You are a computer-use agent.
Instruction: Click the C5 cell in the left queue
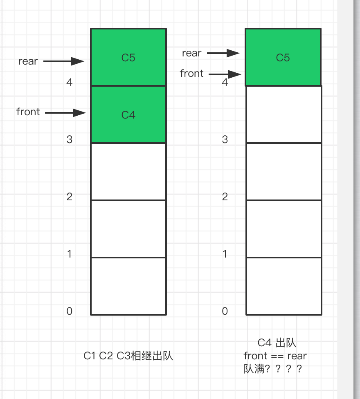128,57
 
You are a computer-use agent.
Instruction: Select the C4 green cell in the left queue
128,114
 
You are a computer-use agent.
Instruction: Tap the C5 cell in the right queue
283,57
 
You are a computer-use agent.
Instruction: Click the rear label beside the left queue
28,61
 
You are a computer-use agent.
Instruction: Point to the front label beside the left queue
28,112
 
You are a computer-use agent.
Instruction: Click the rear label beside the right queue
191,53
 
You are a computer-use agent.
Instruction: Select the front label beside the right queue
191,74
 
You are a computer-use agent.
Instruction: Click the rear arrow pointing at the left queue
63,61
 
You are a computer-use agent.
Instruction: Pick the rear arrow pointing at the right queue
223,53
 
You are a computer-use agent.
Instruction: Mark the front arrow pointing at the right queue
225,74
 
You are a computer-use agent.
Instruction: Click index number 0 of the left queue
69,311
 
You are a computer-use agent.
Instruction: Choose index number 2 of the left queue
69,197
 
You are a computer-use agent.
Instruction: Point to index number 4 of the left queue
69,82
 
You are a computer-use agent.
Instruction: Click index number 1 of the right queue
225,254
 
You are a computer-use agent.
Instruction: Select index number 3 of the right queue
225,139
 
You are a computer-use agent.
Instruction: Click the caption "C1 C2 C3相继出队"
128,356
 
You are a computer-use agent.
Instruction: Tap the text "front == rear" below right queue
275,356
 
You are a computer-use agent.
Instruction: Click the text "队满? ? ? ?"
273,369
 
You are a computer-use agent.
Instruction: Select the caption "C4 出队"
277,343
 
